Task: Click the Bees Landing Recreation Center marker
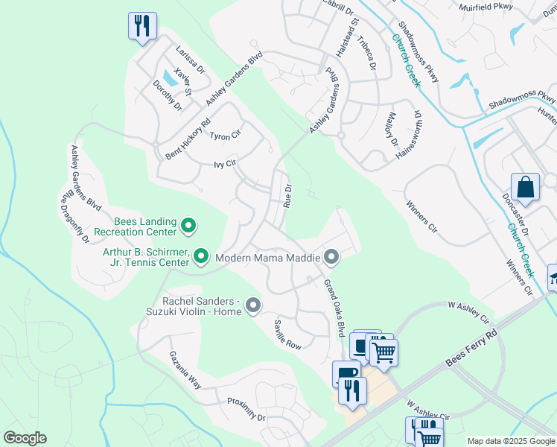point(188,224)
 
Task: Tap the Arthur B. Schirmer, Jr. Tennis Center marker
point(200,257)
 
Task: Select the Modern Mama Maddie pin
point(332,258)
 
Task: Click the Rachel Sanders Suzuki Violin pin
point(253,305)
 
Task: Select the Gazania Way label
point(185,370)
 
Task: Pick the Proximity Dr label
point(246,408)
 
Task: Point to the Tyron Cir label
point(226,136)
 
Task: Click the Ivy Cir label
point(224,164)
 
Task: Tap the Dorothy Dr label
point(168,96)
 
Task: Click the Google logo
point(25,438)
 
